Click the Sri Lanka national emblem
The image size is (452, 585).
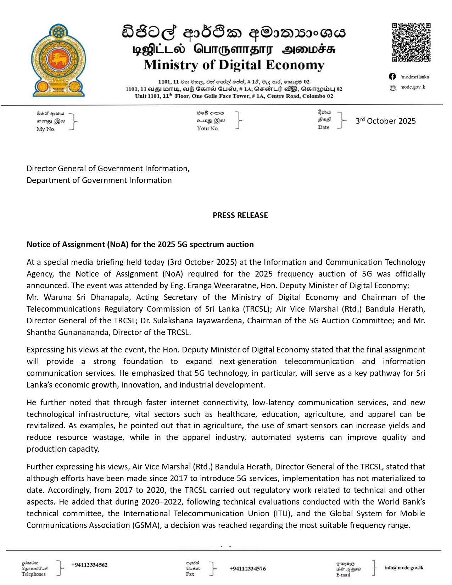tap(58, 61)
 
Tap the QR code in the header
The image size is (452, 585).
tap(411, 43)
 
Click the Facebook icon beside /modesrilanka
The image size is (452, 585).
tap(392, 77)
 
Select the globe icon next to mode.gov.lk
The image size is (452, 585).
tap(393, 88)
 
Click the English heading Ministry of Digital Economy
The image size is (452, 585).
tap(234, 65)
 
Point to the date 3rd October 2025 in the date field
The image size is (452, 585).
tap(385, 121)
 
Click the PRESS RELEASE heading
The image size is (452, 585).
tap(240, 215)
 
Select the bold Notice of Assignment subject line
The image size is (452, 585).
tap(140, 244)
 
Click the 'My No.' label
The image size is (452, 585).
tap(46, 129)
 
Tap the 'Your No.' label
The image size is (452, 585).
tap(208, 129)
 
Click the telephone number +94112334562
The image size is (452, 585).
tap(89, 565)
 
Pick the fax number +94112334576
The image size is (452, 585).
tap(248, 569)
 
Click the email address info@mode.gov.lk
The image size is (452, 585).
tap(404, 568)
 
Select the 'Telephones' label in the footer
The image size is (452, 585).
tap(34, 574)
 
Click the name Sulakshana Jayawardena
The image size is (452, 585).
tap(197, 321)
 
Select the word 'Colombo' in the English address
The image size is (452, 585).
tap(314, 96)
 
